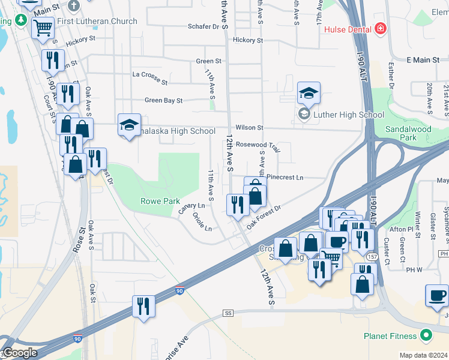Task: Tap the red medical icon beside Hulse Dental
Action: tap(379, 29)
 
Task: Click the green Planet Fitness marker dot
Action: tap(426, 335)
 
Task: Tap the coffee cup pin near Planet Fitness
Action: tap(438, 295)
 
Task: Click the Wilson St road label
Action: tap(250, 128)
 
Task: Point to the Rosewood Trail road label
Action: tap(258, 145)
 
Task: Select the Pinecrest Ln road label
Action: tap(285, 178)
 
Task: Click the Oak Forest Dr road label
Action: tap(264, 215)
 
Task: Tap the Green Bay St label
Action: tap(163, 101)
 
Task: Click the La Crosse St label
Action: tap(150, 75)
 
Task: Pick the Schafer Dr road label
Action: tap(203, 26)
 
